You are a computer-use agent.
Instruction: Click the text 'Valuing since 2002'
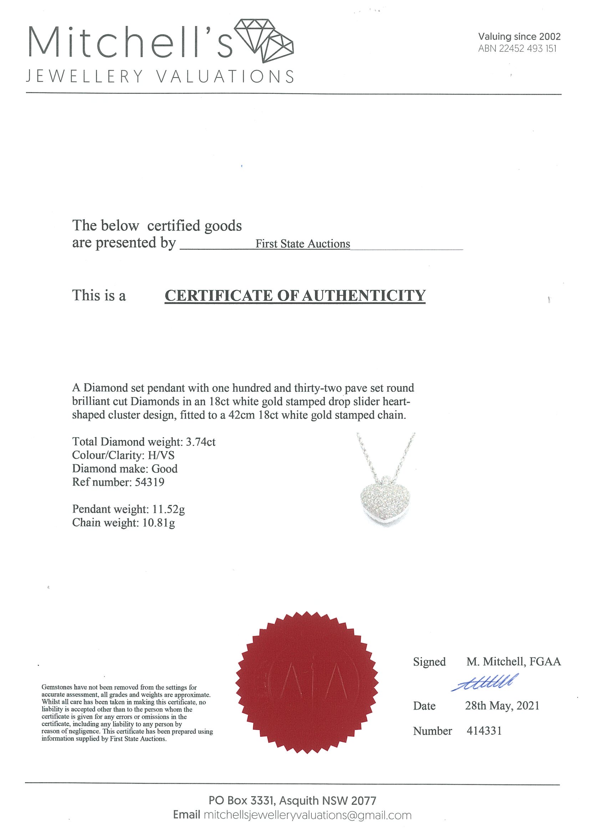pyautogui.click(x=519, y=36)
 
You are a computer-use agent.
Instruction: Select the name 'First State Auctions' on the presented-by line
pyautogui.click(x=302, y=244)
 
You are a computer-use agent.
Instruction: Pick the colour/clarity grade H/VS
pyautogui.click(x=161, y=455)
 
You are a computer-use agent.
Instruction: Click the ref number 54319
pyautogui.click(x=149, y=482)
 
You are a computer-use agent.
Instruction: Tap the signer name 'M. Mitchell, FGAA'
pyautogui.click(x=513, y=662)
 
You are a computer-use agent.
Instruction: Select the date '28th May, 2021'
pyautogui.click(x=502, y=706)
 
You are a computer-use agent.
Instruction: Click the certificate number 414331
pyautogui.click(x=484, y=731)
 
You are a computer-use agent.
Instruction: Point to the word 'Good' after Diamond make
pyautogui.click(x=164, y=469)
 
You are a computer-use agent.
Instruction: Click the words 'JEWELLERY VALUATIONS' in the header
pyautogui.click(x=160, y=76)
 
